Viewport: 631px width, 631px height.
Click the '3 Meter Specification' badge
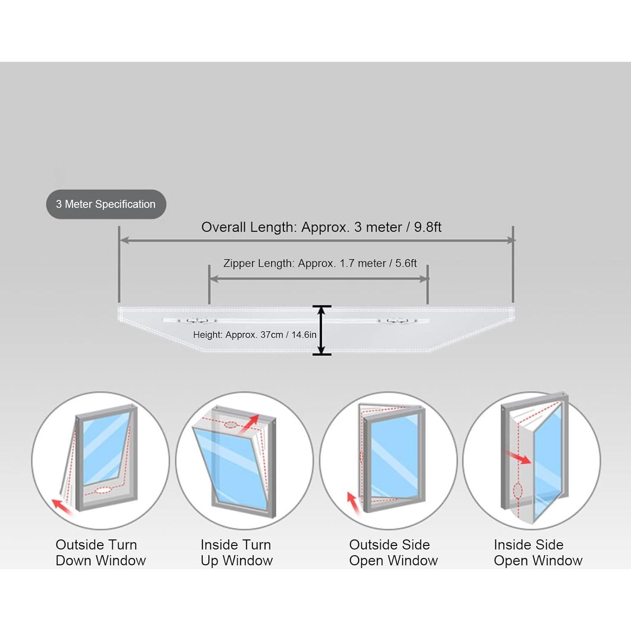coord(106,204)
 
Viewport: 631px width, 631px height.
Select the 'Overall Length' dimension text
coord(321,227)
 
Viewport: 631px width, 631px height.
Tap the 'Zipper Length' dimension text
coord(320,263)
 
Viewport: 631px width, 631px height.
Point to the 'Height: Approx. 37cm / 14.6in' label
coord(255,335)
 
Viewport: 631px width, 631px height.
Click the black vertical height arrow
coord(322,330)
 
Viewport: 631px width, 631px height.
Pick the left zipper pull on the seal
coord(197,321)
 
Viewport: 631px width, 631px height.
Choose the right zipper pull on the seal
coord(398,321)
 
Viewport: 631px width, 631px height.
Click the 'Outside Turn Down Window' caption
coord(101,552)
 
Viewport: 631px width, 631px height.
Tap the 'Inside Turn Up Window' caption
coord(236,552)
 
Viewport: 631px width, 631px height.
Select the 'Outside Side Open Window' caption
coord(393,552)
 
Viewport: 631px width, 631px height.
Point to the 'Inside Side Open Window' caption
coord(538,552)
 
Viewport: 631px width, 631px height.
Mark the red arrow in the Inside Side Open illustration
coord(518,458)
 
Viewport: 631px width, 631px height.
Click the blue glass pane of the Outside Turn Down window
coord(105,448)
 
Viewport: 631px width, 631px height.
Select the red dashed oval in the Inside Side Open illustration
coord(518,491)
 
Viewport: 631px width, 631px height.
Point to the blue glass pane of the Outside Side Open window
coord(395,456)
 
